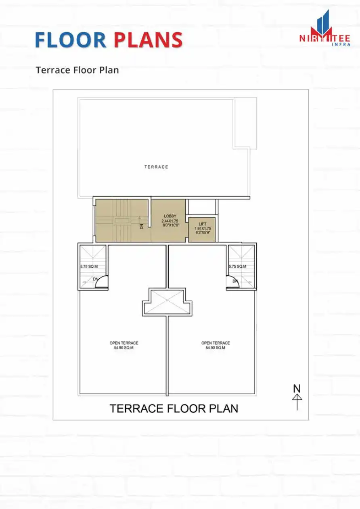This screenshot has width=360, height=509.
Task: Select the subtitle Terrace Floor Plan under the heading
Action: tap(77, 70)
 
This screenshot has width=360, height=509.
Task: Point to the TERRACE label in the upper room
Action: tap(156, 167)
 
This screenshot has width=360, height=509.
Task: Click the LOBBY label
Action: tap(170, 216)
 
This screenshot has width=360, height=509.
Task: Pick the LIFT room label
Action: tap(202, 224)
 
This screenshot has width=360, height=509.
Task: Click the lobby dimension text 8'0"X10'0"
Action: tap(170, 226)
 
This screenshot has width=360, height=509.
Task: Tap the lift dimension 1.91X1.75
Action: tap(202, 229)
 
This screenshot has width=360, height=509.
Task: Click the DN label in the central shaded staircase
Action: tap(142, 227)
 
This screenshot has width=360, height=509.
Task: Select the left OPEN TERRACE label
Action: tap(124, 343)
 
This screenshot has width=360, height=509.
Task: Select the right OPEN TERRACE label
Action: tap(216, 343)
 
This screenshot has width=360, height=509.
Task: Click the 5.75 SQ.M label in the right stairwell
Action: tap(237, 267)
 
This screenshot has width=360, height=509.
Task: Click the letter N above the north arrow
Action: tap(297, 388)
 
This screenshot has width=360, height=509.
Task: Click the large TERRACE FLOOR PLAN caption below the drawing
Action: tap(174, 409)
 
